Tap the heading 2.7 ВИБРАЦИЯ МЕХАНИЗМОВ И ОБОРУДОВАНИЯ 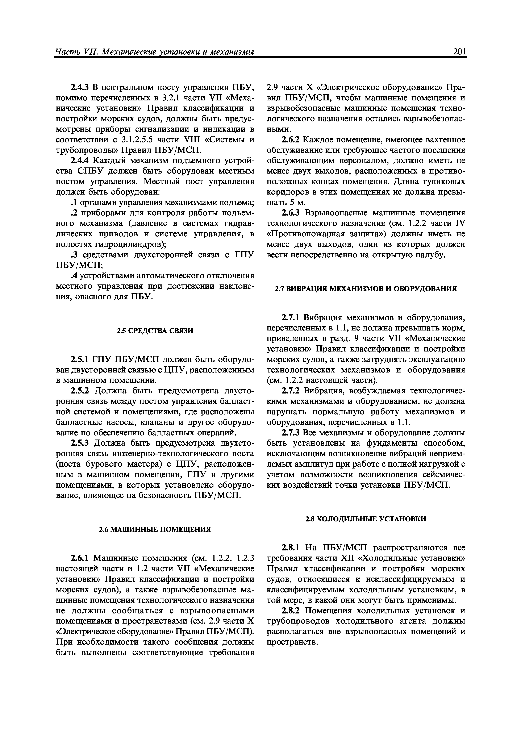[366, 289]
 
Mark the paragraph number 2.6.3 [291, 213]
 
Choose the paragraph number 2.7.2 [291, 391]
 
